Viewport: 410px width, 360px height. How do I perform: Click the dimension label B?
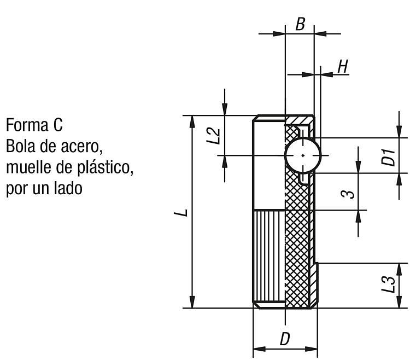tap(300, 24)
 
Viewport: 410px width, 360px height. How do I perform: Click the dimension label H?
tap(343, 66)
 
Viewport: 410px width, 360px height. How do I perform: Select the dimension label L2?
tap(213, 136)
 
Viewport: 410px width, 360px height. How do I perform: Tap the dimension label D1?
tap(388, 157)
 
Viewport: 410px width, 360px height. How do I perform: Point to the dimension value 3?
tap(348, 194)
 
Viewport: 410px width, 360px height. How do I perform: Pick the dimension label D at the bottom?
tap(285, 339)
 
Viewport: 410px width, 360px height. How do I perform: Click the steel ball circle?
tap(303, 155)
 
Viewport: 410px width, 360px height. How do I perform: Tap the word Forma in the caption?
tap(27, 125)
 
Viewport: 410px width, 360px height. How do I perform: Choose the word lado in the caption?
tap(68, 188)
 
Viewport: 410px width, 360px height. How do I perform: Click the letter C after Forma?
tap(58, 125)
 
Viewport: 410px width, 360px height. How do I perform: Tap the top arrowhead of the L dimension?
tap(192, 121)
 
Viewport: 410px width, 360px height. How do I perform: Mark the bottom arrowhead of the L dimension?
tap(192, 302)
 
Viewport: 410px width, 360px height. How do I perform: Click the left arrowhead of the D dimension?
tap(259, 349)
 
